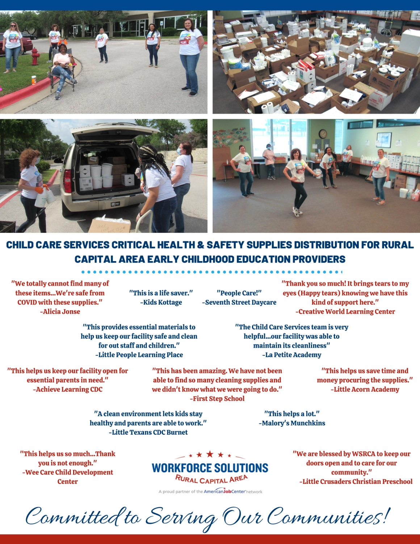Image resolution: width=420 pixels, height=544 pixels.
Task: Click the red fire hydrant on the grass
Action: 35,57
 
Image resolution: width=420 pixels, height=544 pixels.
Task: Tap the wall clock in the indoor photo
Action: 323,134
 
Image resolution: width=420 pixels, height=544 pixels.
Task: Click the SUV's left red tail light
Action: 67,181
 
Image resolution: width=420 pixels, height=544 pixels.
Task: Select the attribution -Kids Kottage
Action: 161,302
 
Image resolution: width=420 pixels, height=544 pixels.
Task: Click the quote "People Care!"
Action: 239,293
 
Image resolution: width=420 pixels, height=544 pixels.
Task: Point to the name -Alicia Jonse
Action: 60,311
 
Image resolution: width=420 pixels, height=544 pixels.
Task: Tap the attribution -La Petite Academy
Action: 292,355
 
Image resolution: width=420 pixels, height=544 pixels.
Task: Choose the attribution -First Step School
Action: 217,399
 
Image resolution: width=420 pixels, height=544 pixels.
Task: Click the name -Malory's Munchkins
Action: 292,423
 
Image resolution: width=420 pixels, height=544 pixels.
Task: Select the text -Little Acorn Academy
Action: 365,389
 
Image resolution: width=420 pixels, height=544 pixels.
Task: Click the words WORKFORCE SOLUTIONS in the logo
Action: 210,468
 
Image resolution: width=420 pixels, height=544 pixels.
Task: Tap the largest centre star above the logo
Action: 210,454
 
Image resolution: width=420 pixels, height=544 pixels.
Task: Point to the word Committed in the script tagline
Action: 72,517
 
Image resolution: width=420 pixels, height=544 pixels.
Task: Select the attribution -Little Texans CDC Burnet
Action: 148,432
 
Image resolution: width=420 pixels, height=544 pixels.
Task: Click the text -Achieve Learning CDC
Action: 68,389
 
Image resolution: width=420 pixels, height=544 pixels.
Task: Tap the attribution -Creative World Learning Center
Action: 345,311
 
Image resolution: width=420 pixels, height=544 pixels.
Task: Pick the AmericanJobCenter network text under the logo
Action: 233,491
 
